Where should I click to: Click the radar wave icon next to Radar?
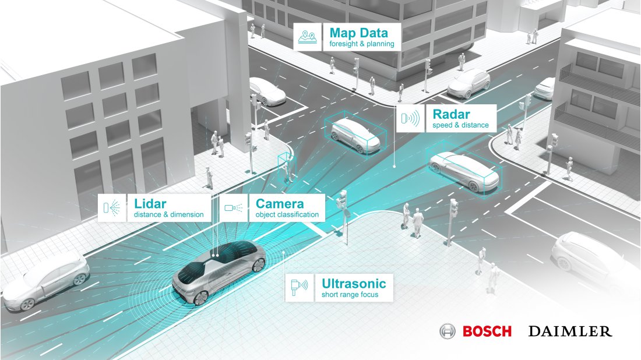coord(410,119)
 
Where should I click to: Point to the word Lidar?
coord(150,204)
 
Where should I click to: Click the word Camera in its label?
coord(280,204)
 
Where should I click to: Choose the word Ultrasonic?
coord(354,284)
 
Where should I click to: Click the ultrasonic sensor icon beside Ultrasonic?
coord(300,288)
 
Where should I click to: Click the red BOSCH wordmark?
coord(487,331)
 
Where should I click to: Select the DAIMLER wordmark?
coord(570,331)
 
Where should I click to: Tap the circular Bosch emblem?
coord(448,331)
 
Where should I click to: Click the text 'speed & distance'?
coord(460,125)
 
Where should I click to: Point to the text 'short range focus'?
coord(350,295)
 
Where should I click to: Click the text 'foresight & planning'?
coord(361,44)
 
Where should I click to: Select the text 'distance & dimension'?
coord(168,215)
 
